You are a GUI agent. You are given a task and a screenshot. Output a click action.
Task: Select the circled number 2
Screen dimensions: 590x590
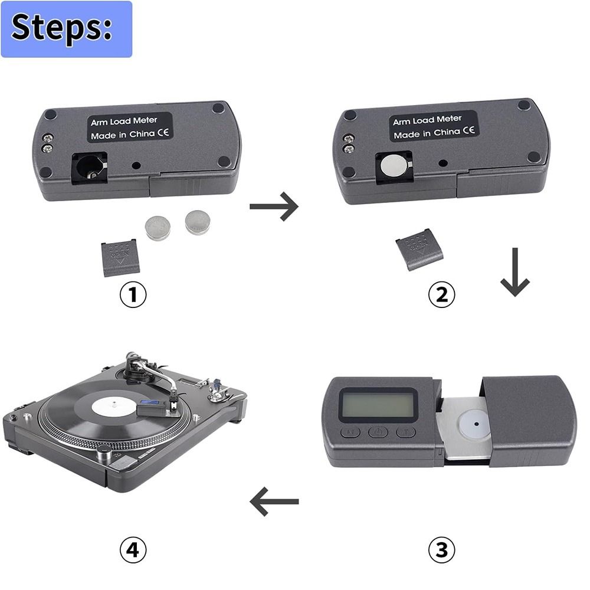tap(441, 295)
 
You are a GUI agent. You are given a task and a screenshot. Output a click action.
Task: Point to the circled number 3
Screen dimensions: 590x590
tap(441, 550)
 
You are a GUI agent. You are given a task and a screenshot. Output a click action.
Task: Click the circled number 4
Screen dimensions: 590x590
tap(133, 550)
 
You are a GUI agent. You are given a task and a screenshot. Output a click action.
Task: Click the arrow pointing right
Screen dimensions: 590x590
tap(274, 206)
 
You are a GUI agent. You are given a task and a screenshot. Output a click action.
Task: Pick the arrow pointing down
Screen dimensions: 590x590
tap(514, 271)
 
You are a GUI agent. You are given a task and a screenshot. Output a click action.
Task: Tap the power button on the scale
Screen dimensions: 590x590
tap(378, 432)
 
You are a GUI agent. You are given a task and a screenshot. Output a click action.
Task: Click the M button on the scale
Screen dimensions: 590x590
tap(350, 432)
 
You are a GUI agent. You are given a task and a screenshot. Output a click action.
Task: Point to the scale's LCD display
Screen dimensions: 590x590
tap(378, 405)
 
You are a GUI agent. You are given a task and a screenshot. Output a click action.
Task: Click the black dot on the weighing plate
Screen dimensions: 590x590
tap(476, 423)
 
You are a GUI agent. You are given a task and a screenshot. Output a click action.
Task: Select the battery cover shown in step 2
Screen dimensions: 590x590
tap(419, 249)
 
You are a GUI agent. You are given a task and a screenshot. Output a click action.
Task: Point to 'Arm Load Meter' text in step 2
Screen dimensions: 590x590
tap(427, 120)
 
